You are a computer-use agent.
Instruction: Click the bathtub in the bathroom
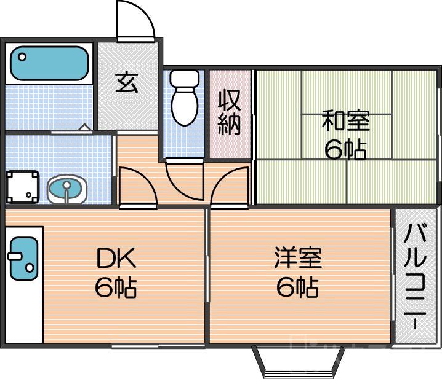tap(49, 63)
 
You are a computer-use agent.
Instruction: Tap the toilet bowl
tap(184, 107)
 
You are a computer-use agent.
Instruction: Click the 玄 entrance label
tap(127, 82)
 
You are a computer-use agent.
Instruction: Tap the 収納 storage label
tap(230, 112)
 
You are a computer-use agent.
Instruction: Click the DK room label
tap(115, 259)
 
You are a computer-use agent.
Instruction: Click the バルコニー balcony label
tap(417, 276)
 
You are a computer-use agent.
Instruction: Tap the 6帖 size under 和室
tap(345, 149)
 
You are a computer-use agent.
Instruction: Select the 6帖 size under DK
tap(115, 287)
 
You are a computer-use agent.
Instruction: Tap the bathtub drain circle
tap(22, 58)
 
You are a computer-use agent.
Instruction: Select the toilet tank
tap(183, 78)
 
